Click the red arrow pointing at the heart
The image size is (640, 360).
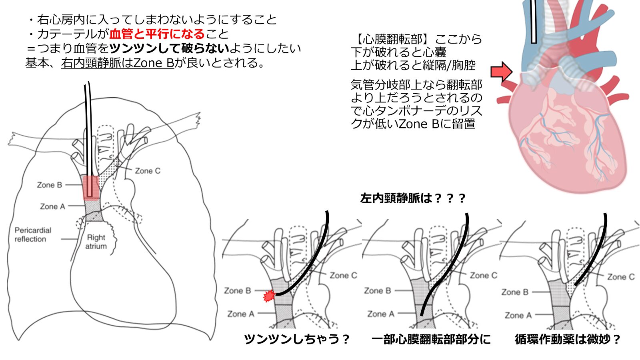pos(501,72)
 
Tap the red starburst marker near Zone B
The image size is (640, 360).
pos(269,296)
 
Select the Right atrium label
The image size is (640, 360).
pos(96,242)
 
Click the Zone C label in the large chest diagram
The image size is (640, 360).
pos(148,171)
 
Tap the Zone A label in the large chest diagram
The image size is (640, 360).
pos(52,206)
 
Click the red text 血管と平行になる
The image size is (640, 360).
pos(157,34)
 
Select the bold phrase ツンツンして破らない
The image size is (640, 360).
pos(169,48)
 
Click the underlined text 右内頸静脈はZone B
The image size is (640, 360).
pos(118,63)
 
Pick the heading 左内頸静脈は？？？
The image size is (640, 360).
pos(413,198)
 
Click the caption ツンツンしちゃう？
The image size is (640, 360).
pos(297,339)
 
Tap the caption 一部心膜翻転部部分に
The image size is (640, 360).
pos(431,339)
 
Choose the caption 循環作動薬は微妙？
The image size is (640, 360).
pos(568,339)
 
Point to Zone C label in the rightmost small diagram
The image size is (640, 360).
pos(621,277)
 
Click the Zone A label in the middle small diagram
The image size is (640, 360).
pos(380,314)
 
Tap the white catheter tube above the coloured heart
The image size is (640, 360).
pos(533,22)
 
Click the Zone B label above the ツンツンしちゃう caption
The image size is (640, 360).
pos(237,291)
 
